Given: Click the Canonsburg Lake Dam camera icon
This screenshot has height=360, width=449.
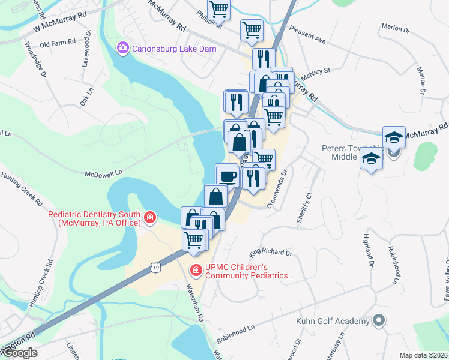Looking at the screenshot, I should pos(124,47).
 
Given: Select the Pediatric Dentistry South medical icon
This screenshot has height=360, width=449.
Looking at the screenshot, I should pos(149,217).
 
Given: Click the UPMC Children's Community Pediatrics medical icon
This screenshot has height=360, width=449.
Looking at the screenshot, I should pos(195,271).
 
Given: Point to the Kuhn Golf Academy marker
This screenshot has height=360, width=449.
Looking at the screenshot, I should pos(378,320).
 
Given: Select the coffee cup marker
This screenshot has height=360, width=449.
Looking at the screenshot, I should pos(228,176).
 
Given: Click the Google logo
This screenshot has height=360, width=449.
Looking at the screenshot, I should pos(20,353).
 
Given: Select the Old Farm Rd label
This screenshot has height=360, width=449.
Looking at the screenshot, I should pos(58,43).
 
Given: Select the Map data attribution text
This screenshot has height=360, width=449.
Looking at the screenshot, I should pos(424,355).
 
